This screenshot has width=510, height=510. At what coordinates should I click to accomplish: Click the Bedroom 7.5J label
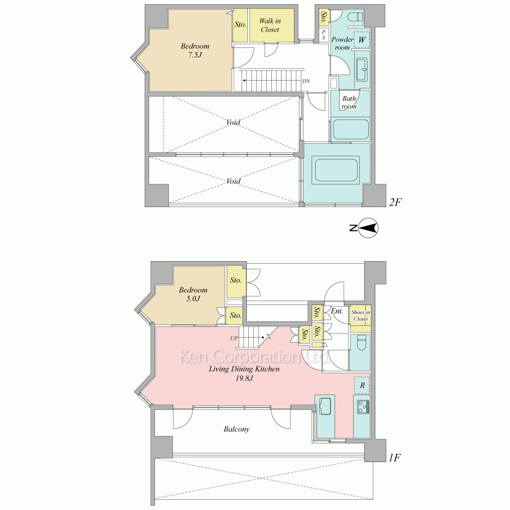[195, 50]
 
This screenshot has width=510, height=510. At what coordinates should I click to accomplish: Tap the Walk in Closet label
[270, 25]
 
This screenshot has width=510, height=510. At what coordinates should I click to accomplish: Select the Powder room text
[342, 43]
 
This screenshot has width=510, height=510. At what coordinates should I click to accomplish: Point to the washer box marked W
[362, 40]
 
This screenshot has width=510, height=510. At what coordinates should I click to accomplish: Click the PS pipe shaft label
[324, 35]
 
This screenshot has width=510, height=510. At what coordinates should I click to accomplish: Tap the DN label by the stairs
[306, 81]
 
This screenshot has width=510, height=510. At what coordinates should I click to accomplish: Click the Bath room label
[349, 102]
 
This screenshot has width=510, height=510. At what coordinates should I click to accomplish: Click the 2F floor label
[396, 202]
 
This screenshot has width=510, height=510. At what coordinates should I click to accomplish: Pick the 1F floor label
[395, 458]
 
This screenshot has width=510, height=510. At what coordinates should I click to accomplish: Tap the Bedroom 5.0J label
[193, 294]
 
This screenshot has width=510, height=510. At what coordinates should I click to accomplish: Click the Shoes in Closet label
[361, 316]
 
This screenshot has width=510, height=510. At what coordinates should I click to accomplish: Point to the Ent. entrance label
[337, 311]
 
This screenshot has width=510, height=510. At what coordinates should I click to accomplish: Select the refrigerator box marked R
[362, 386]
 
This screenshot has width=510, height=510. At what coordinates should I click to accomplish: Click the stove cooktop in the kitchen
[363, 407]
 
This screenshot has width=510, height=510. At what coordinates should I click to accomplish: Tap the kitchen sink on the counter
[324, 406]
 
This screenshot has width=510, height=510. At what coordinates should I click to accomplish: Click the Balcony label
[237, 429]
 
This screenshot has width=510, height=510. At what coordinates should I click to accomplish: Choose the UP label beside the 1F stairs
[234, 338]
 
